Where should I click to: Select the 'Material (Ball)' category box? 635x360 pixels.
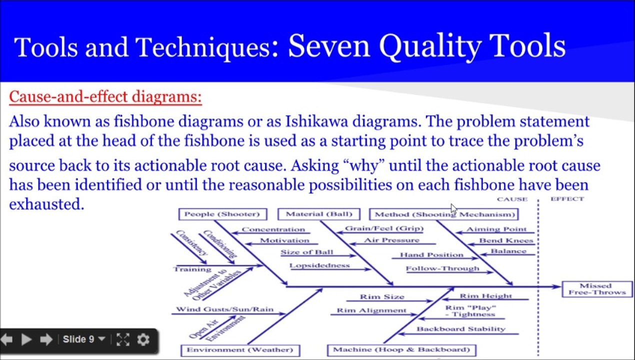point(318,214)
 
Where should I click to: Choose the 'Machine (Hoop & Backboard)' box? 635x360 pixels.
point(401,349)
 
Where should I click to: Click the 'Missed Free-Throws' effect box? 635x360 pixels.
point(596,289)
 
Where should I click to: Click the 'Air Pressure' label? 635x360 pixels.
point(391,240)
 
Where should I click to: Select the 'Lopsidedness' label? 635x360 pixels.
point(319,265)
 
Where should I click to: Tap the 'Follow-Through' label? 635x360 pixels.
point(442,268)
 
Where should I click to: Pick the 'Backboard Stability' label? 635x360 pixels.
point(460,329)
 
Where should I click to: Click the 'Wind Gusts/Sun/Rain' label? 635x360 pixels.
point(224,309)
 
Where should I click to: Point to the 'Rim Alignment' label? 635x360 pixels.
point(371,310)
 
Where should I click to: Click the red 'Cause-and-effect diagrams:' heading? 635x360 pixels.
point(105,96)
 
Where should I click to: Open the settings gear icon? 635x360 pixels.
point(143,339)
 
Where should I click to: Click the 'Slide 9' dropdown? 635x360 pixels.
point(83,339)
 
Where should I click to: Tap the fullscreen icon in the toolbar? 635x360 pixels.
point(122,339)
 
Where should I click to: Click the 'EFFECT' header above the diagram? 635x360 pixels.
point(567,199)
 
